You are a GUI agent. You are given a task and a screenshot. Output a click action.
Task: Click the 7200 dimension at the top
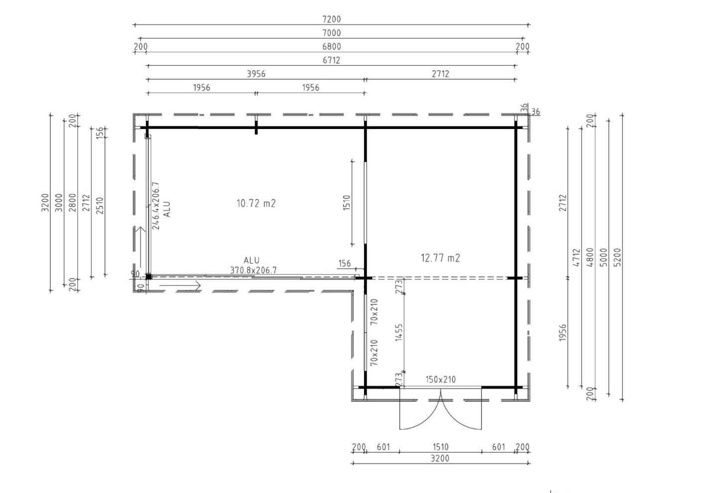tap(331, 19)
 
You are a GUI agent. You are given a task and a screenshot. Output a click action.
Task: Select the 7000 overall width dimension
tap(331, 33)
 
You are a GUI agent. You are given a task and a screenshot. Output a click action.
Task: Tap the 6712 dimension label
tap(331, 60)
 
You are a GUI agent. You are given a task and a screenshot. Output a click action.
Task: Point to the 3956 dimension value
tap(256, 74)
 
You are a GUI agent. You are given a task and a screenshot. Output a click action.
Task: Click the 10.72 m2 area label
tap(256, 203)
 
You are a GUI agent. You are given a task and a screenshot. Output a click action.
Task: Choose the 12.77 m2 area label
tap(440, 258)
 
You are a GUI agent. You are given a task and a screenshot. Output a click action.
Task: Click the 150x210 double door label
tap(441, 379)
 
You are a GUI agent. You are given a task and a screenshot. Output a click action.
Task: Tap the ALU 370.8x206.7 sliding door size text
tap(253, 265)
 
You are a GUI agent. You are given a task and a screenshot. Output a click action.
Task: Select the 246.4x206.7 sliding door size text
tap(156, 206)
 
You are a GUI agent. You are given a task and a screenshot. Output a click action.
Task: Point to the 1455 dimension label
tap(399, 333)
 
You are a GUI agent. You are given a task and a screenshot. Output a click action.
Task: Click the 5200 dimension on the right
tap(617, 257)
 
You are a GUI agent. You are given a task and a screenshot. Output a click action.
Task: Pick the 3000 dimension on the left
tap(59, 203)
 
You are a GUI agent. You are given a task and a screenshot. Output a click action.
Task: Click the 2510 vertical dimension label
tap(100, 206)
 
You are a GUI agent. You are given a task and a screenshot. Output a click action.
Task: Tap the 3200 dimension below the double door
tap(440, 459)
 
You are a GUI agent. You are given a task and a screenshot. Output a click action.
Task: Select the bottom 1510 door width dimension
tap(441, 447)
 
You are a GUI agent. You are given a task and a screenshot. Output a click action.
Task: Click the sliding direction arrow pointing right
tap(180, 285)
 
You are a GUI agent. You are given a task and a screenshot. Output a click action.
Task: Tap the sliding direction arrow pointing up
tap(140, 247)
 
